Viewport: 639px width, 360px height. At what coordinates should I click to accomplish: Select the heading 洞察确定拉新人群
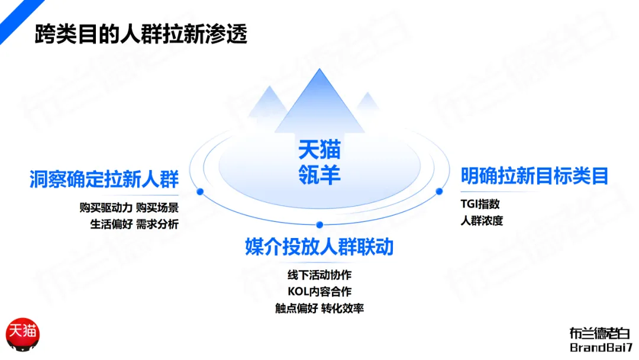[x=104, y=179]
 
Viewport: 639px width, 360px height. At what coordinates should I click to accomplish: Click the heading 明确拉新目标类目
[x=534, y=176]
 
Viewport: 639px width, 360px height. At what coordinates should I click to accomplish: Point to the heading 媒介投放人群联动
[x=319, y=247]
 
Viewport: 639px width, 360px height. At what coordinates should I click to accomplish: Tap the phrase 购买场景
[x=157, y=208]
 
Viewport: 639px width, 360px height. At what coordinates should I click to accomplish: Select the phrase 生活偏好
[x=111, y=224]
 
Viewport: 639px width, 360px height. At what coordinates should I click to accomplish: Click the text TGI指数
[x=480, y=204]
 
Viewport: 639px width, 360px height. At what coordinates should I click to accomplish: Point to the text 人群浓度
[x=482, y=221]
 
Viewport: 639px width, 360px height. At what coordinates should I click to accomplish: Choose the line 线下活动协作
[x=319, y=275]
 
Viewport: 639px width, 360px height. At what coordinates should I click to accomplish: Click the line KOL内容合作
[x=319, y=292]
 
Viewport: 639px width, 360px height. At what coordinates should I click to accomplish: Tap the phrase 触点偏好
[x=296, y=308]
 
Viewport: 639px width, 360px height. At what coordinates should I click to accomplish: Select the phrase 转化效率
[x=343, y=308]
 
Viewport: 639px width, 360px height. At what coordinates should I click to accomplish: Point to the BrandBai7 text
[x=599, y=348]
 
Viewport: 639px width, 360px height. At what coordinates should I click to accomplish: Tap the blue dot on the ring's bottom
[x=319, y=225]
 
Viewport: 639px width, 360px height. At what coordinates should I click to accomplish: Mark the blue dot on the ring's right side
[x=439, y=191]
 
